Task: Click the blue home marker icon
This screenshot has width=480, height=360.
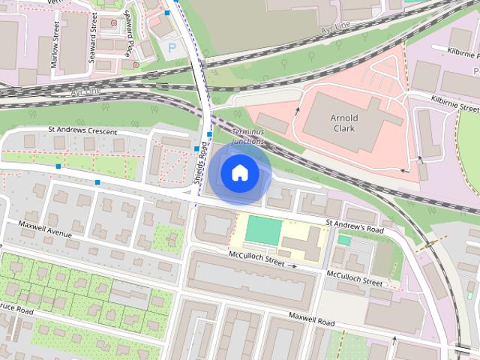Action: pyautogui.click(x=239, y=173)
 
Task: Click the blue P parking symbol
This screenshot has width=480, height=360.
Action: pyautogui.click(x=172, y=47)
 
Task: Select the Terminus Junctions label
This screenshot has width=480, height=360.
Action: pyautogui.click(x=248, y=136)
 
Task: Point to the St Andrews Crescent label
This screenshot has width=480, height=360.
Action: pyautogui.click(x=82, y=131)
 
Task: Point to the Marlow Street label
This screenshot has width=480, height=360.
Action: pyautogui.click(x=55, y=45)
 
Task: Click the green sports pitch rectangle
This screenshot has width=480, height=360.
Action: pyautogui.click(x=263, y=229)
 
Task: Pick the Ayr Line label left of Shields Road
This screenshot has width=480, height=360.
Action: pyautogui.click(x=84, y=91)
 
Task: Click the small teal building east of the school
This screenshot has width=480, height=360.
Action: pyautogui.click(x=344, y=240)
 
